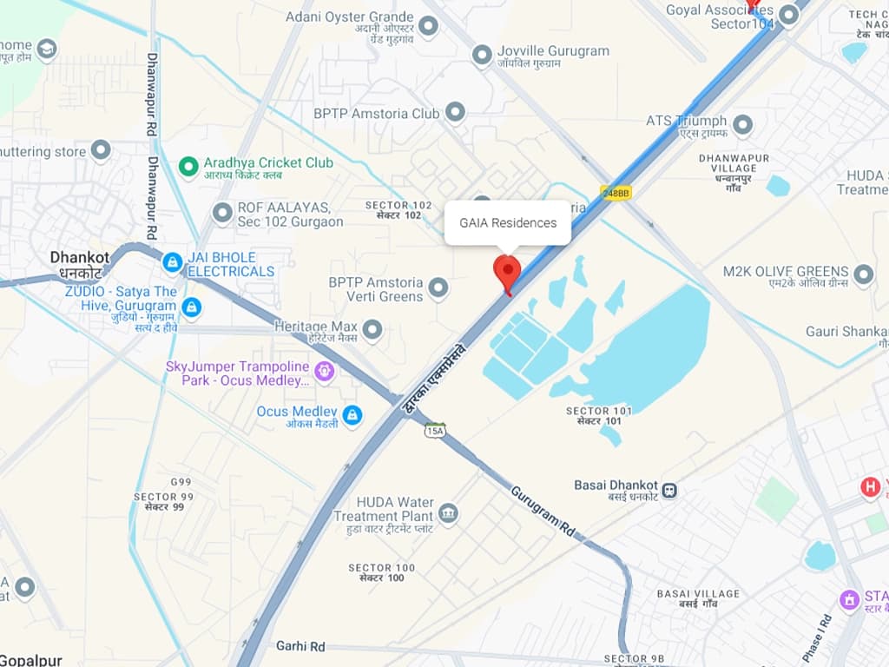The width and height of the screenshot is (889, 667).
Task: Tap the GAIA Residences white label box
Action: click(x=508, y=223)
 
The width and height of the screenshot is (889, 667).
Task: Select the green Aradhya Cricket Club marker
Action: click(x=187, y=164)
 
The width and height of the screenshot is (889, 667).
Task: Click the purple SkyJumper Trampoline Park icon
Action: click(x=325, y=373)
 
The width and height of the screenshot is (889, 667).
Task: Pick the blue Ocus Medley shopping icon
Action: click(x=352, y=415)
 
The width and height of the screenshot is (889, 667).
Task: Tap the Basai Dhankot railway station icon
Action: click(x=669, y=489)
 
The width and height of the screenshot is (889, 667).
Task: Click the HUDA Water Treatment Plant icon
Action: click(x=448, y=513)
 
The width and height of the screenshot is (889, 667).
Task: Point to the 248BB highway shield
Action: click(x=615, y=193)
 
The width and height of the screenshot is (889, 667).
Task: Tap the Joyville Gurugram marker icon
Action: click(x=482, y=56)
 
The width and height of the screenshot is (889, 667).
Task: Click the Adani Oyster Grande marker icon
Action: click(x=428, y=26)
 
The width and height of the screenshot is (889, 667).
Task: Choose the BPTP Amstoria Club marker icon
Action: click(x=455, y=112)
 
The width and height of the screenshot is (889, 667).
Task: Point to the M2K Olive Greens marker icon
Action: click(x=863, y=275)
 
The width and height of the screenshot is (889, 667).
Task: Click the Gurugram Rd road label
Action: click(x=543, y=513)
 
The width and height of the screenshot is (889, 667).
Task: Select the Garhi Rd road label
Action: click(x=300, y=646)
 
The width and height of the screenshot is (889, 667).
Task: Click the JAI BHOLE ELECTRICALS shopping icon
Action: click(x=173, y=261)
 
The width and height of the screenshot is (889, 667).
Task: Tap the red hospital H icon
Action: click(x=870, y=487)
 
